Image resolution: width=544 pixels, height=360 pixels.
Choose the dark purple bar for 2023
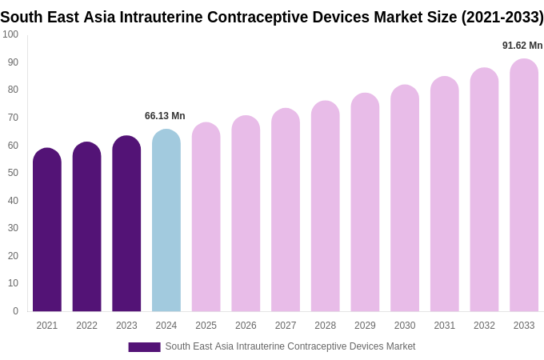[126, 224]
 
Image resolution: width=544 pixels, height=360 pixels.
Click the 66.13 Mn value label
[165, 116]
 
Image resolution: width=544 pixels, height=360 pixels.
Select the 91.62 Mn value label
[522, 46]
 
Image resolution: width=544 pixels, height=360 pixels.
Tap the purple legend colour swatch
[144, 347]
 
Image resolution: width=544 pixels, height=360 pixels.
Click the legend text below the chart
[290, 346]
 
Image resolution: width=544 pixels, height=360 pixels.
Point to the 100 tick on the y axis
[10, 34]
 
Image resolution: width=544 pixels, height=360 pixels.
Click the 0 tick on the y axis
[15, 311]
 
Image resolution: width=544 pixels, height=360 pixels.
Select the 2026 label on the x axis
[246, 326]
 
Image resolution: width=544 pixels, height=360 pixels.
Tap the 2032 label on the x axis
[484, 326]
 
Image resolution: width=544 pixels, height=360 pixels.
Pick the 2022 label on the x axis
[86, 326]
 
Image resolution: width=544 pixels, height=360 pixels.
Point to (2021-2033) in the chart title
[502, 17]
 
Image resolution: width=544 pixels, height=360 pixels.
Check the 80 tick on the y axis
[13, 90]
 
